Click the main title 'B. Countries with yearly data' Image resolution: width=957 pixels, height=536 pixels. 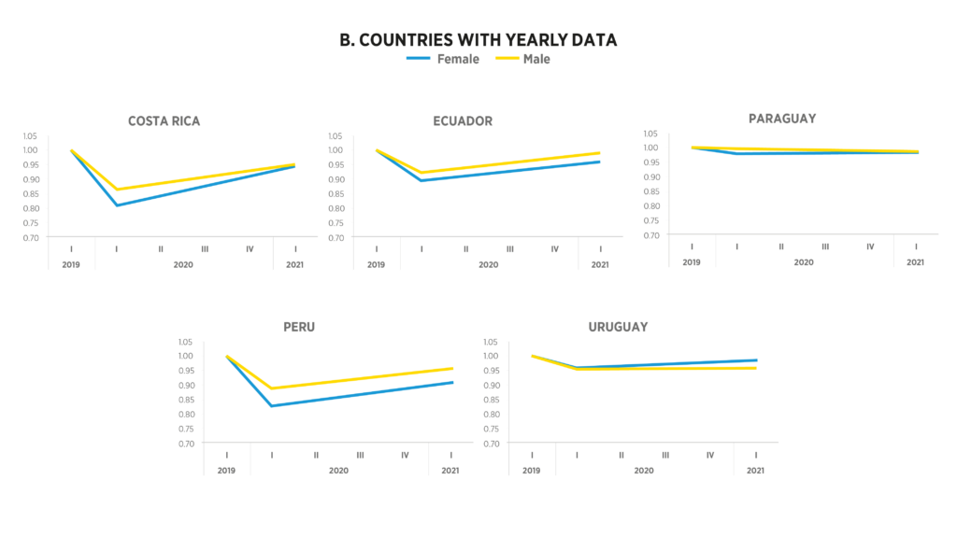478,40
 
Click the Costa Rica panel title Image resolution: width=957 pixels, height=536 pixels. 164,120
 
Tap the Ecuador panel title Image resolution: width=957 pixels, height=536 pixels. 463,120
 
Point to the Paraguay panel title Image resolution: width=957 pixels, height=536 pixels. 782,119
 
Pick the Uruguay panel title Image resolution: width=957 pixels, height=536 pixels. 618,327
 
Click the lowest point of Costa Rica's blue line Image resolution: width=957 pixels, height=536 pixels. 117,205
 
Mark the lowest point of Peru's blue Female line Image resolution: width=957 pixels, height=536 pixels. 272,406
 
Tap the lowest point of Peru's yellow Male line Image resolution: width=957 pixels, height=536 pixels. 272,388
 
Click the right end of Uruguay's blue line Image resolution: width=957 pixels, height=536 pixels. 756,360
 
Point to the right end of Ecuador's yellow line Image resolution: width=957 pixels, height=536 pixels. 600,152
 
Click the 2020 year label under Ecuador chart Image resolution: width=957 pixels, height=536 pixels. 488,265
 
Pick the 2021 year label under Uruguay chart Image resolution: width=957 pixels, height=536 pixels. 756,471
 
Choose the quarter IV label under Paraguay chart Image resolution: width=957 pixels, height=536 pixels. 870,247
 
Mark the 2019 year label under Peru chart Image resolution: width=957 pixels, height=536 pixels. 226,471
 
